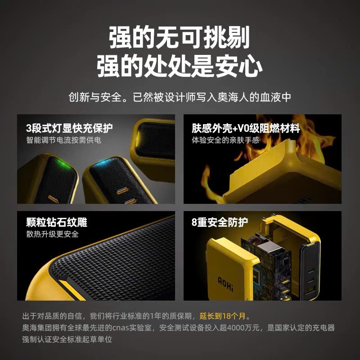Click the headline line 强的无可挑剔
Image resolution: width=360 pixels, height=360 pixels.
coord(180,37)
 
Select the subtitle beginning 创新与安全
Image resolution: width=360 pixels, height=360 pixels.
coord(180,97)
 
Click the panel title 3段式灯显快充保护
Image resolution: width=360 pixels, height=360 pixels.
coord(69,128)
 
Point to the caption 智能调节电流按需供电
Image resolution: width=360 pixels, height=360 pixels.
coord(63,140)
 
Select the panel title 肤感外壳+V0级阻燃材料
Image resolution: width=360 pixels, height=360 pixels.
coord(246,128)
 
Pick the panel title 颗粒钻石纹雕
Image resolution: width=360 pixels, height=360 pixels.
coord(57,222)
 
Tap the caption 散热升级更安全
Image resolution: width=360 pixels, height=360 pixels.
coord(52,234)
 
